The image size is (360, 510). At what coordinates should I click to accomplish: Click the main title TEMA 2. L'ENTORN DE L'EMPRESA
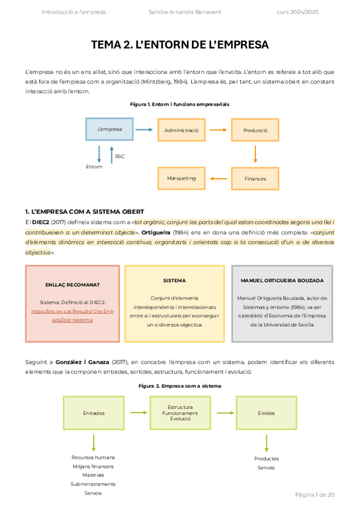pos(180,45)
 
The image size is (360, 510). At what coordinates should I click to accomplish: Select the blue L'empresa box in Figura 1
pos(109,130)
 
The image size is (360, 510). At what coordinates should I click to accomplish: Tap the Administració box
pos(182,130)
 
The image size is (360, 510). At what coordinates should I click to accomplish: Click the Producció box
pos(255,130)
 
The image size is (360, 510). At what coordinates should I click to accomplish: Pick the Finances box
pos(255,179)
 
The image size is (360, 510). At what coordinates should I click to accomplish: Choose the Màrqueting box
pos(182,179)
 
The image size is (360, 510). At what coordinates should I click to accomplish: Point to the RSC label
pos(120,156)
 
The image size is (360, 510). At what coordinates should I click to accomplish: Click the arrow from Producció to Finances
pos(255,155)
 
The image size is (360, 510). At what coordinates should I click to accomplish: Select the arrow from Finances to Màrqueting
pos(218,179)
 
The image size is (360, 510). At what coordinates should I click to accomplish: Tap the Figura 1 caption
pos(180,104)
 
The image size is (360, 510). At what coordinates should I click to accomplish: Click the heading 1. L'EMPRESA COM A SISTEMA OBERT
pos(85,212)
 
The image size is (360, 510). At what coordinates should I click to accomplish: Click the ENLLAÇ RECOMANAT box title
pos(73,284)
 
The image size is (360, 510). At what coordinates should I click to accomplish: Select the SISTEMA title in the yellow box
pos(174,280)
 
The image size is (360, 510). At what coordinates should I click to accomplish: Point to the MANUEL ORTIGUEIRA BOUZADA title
pos(282,280)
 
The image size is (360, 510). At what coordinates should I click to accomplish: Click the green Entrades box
pos(94,413)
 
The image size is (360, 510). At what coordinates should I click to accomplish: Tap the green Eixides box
pos(266,413)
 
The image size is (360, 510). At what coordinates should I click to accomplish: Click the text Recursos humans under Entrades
pos(93,457)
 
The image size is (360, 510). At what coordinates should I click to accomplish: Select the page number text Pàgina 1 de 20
pos(314,495)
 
